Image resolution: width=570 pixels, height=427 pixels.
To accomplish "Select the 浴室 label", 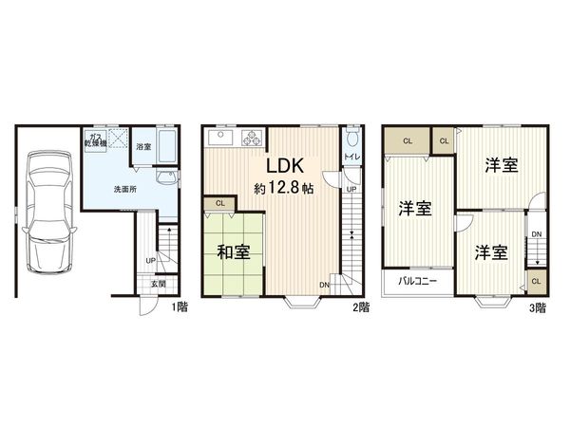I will pos(142,147).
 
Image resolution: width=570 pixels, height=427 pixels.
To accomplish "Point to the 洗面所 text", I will pos(124,189).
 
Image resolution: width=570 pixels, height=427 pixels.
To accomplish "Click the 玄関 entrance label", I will pos(156,284).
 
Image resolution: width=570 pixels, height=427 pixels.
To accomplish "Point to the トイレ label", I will pos(350,157).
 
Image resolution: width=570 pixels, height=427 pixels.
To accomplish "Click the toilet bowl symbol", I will pos(351,137).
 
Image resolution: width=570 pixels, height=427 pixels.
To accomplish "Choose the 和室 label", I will pos(234,252).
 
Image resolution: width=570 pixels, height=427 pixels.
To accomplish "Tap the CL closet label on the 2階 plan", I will pos(219,203).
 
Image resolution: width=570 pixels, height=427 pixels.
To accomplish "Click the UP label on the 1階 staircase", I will pos(150,261).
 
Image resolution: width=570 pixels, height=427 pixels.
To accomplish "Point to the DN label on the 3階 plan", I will pos(537,234).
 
